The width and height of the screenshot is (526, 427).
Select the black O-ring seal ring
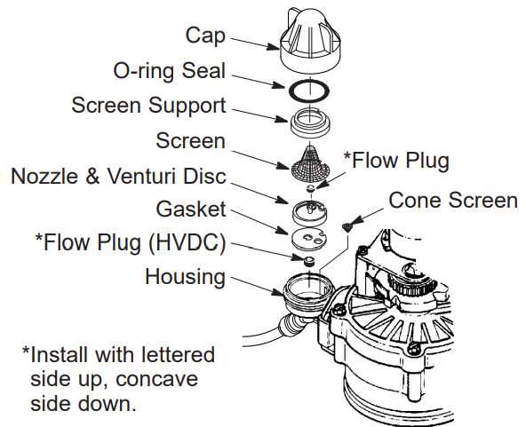tap(309, 84)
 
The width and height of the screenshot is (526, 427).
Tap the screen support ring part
tap(310, 123)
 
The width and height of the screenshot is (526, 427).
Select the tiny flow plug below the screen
tap(311, 188)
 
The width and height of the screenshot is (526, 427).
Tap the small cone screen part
tap(347, 227)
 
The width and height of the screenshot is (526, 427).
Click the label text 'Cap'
tap(205, 36)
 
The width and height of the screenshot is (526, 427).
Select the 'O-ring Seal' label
tap(170, 71)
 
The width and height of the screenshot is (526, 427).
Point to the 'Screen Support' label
tap(148, 106)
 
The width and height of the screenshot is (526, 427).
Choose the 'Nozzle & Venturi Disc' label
tap(118, 176)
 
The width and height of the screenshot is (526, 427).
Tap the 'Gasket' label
tap(191, 210)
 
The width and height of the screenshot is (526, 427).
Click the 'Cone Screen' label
tap(453, 200)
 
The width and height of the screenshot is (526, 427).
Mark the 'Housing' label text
tap(185, 277)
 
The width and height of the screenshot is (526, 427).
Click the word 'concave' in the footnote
tap(156, 379)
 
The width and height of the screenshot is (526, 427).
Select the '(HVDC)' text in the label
tap(187, 242)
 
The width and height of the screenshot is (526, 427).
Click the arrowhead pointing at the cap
tap(273, 46)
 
